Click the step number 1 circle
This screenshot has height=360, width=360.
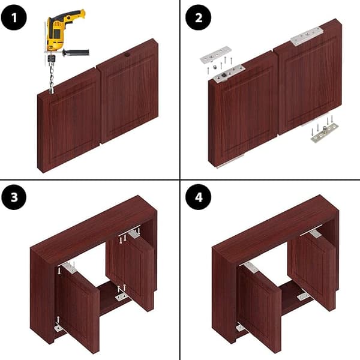click(x=14, y=17)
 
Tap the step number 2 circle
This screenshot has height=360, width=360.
click(x=199, y=17)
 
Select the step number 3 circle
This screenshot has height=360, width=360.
click(x=14, y=197)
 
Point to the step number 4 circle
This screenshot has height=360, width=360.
click(x=199, y=197)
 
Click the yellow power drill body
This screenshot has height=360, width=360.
click(x=62, y=30)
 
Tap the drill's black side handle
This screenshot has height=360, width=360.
click(x=76, y=53)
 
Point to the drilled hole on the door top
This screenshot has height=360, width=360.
click(x=127, y=55)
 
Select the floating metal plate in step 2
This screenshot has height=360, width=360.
click(x=215, y=55)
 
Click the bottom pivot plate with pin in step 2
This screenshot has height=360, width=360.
click(x=325, y=133)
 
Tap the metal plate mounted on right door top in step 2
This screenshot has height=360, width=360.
click(x=307, y=36)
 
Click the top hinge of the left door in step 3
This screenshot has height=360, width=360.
click(x=70, y=268)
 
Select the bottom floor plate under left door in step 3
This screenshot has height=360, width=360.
click(x=59, y=328)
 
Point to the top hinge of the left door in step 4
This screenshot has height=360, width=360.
click(x=251, y=268)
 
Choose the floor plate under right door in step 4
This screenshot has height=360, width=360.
click(x=303, y=296)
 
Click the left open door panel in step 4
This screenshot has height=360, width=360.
click(x=259, y=308)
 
